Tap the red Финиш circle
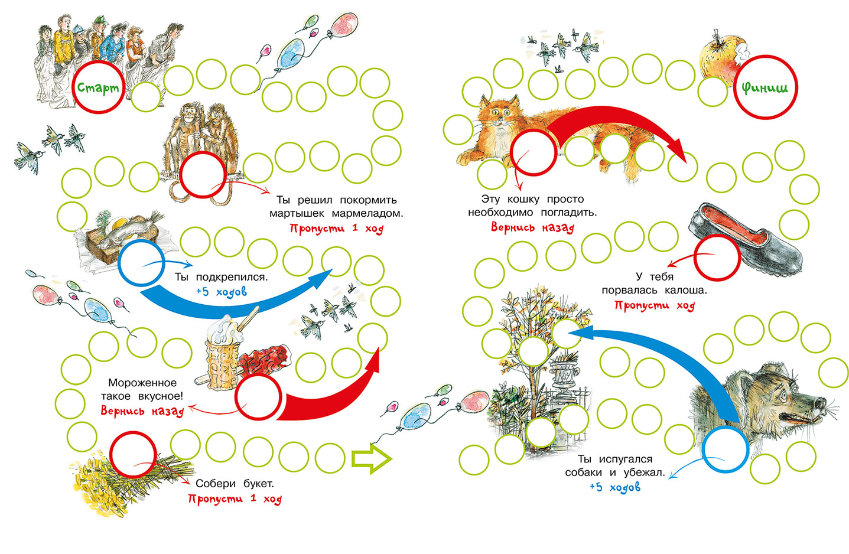pyautogui.click(x=765, y=87)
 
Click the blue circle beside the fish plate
pyautogui.click(x=142, y=263)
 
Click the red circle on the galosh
pyautogui.click(x=717, y=257)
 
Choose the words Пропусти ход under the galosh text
pyautogui.click(x=654, y=305)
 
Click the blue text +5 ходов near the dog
pyautogui.click(x=614, y=487)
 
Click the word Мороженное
pyautogui.click(x=142, y=383)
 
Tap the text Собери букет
pyautogui.click(x=235, y=484)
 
